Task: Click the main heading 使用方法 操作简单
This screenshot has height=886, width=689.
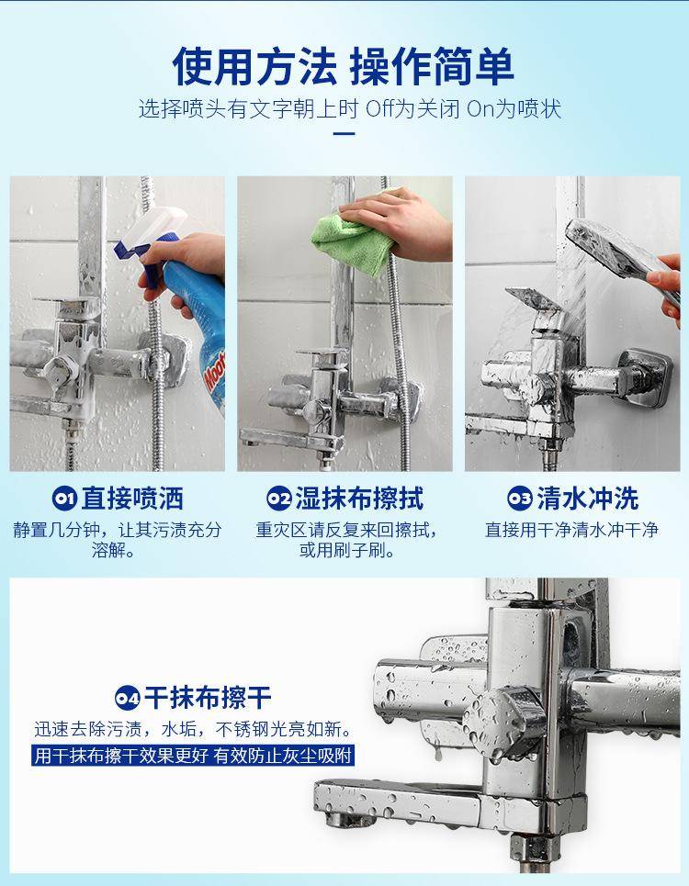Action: tap(343, 67)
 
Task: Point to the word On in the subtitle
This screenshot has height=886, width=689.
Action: tap(480, 109)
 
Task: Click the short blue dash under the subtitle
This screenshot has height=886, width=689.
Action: tap(344, 134)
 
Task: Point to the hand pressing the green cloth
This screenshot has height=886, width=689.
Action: tap(401, 221)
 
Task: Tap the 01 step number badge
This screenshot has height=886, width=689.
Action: tap(64, 498)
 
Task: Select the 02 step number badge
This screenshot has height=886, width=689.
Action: tap(278, 498)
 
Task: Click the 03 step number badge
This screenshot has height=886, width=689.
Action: tap(519, 498)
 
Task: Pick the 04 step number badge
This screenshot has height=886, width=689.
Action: tap(127, 698)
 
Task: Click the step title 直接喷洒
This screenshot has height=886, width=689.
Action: tap(132, 498)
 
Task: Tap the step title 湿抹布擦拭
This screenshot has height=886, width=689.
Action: tap(359, 498)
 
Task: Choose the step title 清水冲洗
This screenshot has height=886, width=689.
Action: tap(588, 498)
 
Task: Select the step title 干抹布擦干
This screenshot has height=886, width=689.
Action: tap(208, 698)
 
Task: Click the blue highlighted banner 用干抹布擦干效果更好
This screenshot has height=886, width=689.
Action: tap(193, 756)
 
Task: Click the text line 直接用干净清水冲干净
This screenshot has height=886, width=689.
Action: tap(571, 530)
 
